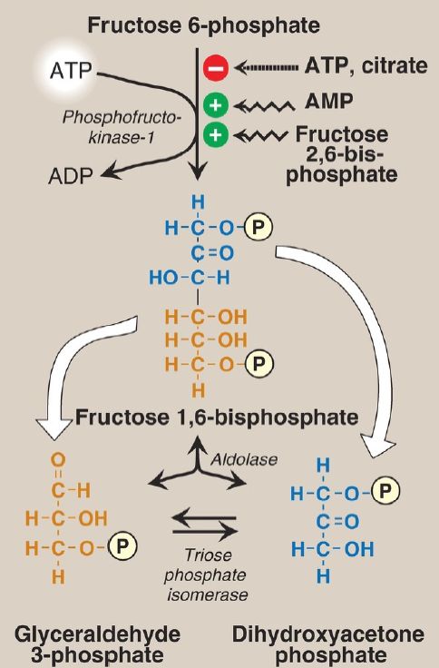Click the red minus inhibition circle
pyautogui.click(x=216, y=68)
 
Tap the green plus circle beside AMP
pyautogui.click(x=216, y=104)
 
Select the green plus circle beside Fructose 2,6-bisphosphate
pyautogui.click(x=216, y=135)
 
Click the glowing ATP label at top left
pyautogui.click(x=70, y=71)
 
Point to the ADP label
pyautogui.click(x=70, y=176)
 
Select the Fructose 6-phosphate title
pyautogui.click(x=203, y=25)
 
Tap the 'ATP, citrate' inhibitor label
pyautogui.click(x=366, y=65)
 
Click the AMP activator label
pyautogui.click(x=328, y=102)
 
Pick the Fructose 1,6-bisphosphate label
pyautogui.click(x=217, y=417)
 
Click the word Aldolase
pyautogui.click(x=244, y=459)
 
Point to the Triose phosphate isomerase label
pyautogui.click(x=206, y=575)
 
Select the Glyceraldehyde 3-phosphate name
pyautogui.click(x=98, y=644)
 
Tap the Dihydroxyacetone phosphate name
pyautogui.click(x=328, y=644)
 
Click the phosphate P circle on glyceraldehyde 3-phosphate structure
pyautogui.click(x=122, y=547)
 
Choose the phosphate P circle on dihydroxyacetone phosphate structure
pyautogui.click(x=385, y=490)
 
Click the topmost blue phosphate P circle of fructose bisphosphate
pyautogui.click(x=258, y=227)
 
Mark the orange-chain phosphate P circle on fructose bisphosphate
pyautogui.click(x=258, y=363)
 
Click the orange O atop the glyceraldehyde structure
pyautogui.click(x=58, y=460)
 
